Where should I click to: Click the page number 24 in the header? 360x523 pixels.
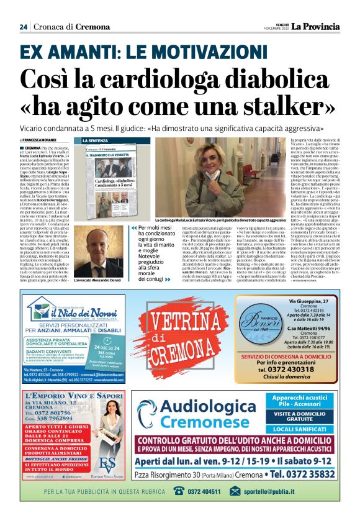24,27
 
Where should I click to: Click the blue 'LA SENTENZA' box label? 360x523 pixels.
96,141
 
